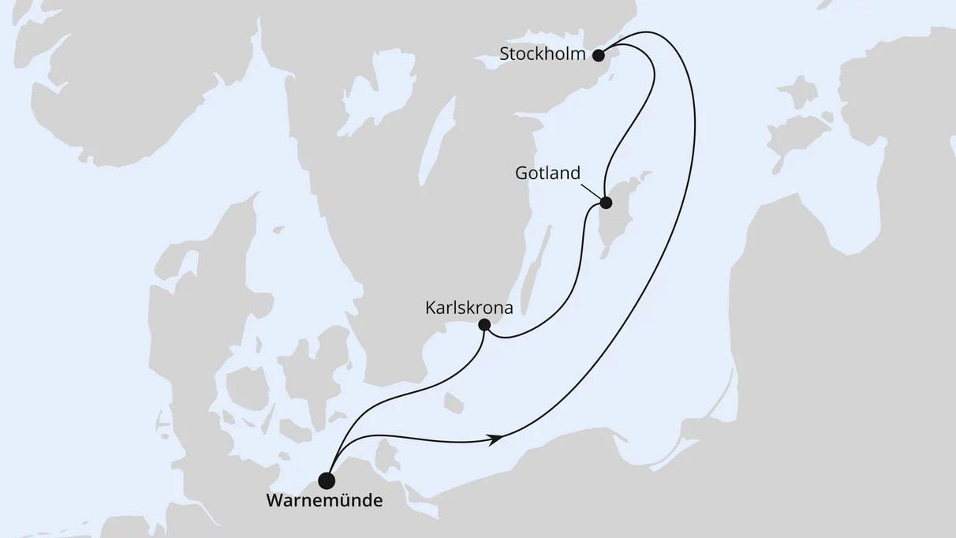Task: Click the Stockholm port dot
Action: [x=598, y=55]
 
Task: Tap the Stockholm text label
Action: [x=543, y=55]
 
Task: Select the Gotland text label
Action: [x=549, y=173]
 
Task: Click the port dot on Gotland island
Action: [x=606, y=203]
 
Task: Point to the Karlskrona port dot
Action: [x=484, y=325]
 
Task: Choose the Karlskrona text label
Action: [x=469, y=308]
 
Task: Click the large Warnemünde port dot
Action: [x=327, y=480]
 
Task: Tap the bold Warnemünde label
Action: [x=324, y=501]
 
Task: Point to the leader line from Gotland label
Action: [x=591, y=190]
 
